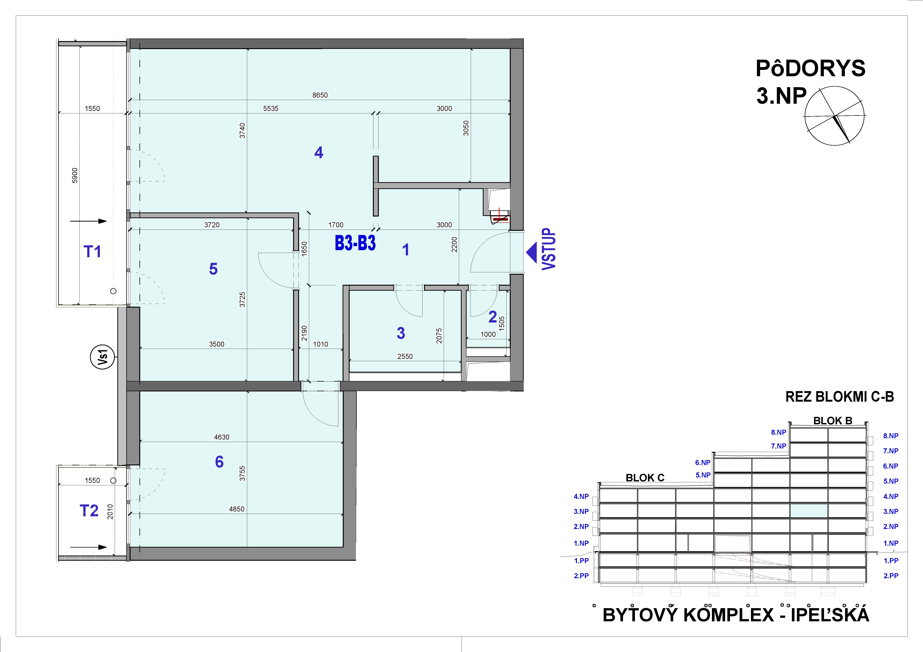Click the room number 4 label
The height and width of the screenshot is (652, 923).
(x=319, y=153)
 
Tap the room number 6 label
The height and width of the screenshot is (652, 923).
(x=219, y=462)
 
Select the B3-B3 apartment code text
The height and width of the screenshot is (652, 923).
(x=355, y=243)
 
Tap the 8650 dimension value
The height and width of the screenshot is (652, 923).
(x=320, y=95)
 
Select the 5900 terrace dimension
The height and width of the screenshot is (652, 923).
(x=75, y=176)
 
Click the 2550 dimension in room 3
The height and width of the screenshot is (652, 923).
(x=405, y=356)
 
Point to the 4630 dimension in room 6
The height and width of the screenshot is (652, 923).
(x=221, y=437)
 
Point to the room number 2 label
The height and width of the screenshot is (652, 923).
(x=492, y=317)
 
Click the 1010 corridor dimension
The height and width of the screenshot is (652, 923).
(x=320, y=344)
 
